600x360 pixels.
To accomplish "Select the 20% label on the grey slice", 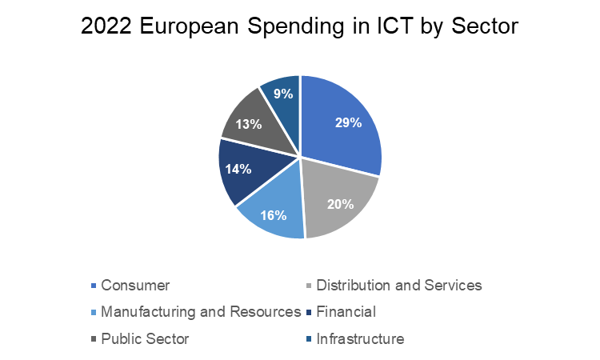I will tap(340, 203).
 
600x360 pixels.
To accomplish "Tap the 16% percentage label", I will tap(273, 215).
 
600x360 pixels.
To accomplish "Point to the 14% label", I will tap(238, 169).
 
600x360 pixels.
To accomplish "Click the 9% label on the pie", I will tap(282, 93).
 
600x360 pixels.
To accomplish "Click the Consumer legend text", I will tap(136, 285).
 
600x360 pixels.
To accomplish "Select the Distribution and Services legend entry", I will tap(399, 285).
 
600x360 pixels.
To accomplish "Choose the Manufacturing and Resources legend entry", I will tap(201, 311).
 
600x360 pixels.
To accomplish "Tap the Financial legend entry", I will tap(346, 311).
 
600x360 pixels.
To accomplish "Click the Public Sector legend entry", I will tap(146, 338).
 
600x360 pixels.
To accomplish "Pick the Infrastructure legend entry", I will tap(360, 338).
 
